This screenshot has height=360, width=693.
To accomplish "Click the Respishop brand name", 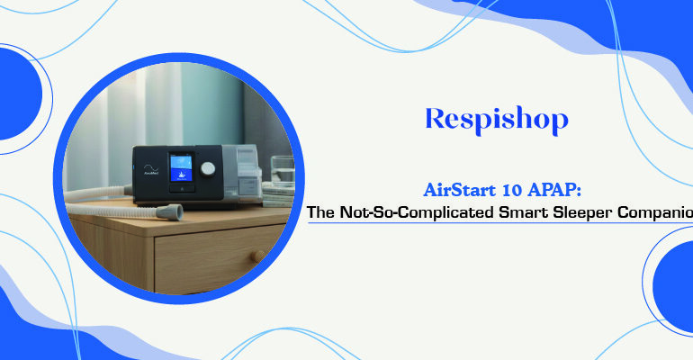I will (497, 119).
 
